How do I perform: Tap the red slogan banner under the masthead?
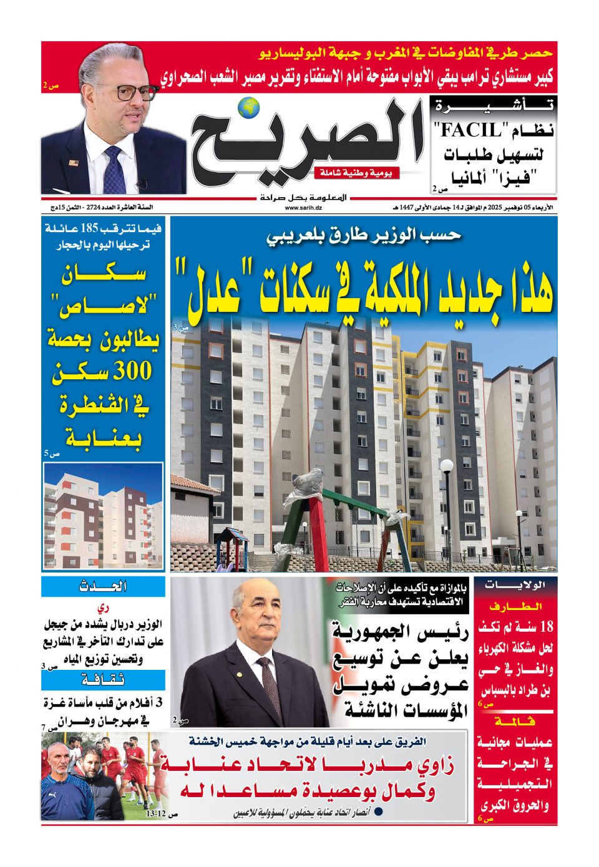coord(356,173)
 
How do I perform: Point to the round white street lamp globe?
coord(447,466)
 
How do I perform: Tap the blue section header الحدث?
coord(103,586)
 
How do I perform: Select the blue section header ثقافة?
coord(103,679)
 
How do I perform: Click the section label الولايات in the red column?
coord(515,585)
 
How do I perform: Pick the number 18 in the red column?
coord(545,626)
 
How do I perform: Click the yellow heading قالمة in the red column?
coord(515,721)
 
